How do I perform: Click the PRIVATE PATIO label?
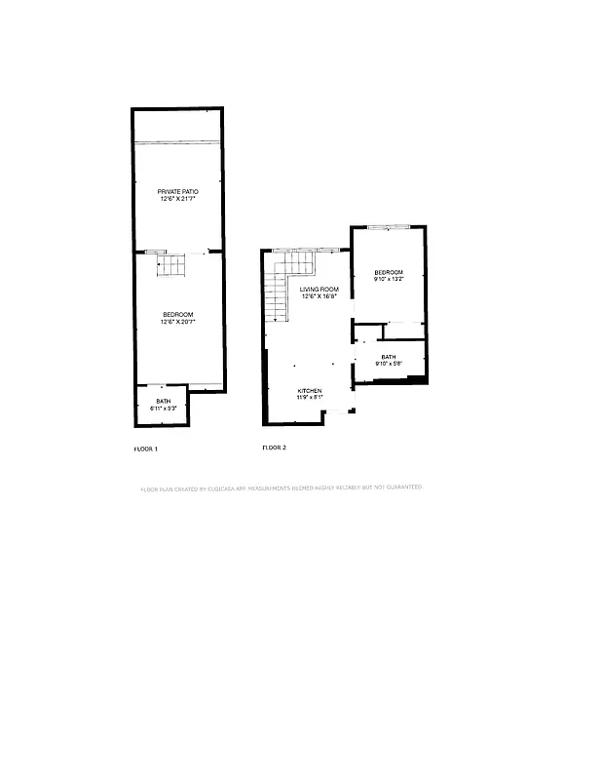(177, 191)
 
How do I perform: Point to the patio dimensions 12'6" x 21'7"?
(177, 198)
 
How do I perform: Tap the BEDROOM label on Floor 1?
(177, 314)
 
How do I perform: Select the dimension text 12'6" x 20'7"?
(177, 321)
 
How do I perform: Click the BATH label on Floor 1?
(162, 402)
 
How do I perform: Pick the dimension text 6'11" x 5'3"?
(162, 409)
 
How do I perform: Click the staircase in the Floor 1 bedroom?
(171, 264)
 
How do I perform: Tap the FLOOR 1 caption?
(145, 448)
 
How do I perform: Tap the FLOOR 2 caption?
(274, 448)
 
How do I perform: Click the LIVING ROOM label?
(319, 290)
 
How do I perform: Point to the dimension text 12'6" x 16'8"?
(319, 296)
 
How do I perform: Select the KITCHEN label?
(310, 391)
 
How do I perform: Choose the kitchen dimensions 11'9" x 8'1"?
(310, 398)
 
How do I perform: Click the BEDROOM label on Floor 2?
(389, 272)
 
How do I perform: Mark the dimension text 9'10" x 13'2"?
(389, 279)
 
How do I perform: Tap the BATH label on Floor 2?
(389, 357)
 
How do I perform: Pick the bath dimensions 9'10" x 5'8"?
(389, 364)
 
